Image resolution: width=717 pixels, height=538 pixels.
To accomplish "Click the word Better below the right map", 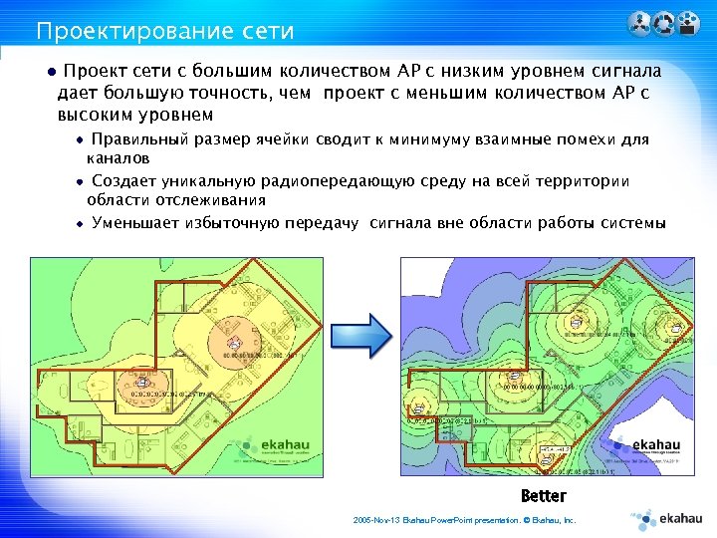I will click(x=543, y=496).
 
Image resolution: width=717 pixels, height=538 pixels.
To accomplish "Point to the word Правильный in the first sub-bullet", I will click(x=139, y=139).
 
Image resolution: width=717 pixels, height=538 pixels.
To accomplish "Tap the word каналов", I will click(x=118, y=157).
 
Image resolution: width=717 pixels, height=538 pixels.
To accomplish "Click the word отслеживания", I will click(x=187, y=199).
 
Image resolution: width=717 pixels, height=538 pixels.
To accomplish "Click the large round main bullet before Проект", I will click(x=39, y=73).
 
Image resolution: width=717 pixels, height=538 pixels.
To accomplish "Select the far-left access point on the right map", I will click(x=415, y=405).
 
